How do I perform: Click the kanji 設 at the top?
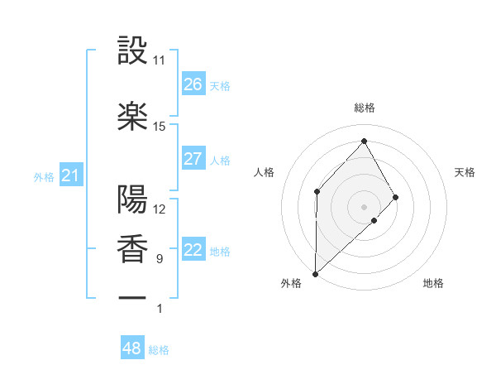pyautogui.click(x=132, y=50)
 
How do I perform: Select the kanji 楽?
pyautogui.click(x=132, y=116)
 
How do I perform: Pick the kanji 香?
pyautogui.click(x=132, y=248)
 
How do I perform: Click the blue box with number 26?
pyautogui.click(x=193, y=84)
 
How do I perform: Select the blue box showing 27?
pyautogui.click(x=193, y=159)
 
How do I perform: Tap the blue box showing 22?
pyautogui.click(x=193, y=251)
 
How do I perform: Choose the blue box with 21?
pyautogui.click(x=70, y=175)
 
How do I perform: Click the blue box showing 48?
pyautogui.click(x=132, y=348)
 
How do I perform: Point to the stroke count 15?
pyautogui.click(x=160, y=127)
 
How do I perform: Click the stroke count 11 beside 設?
pyautogui.click(x=160, y=60)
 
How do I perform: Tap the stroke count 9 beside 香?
pyautogui.click(x=159, y=259)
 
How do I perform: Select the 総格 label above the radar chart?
pyautogui.click(x=364, y=108)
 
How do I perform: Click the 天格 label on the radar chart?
pyautogui.click(x=465, y=172)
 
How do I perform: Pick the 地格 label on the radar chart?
pyautogui.click(x=433, y=283)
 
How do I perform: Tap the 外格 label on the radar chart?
pyautogui.click(x=292, y=283)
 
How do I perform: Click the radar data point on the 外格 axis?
pyautogui.click(x=315, y=273)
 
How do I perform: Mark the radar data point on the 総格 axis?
pyautogui.click(x=364, y=141)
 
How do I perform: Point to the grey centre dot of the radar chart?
pyautogui.click(x=364, y=206)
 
